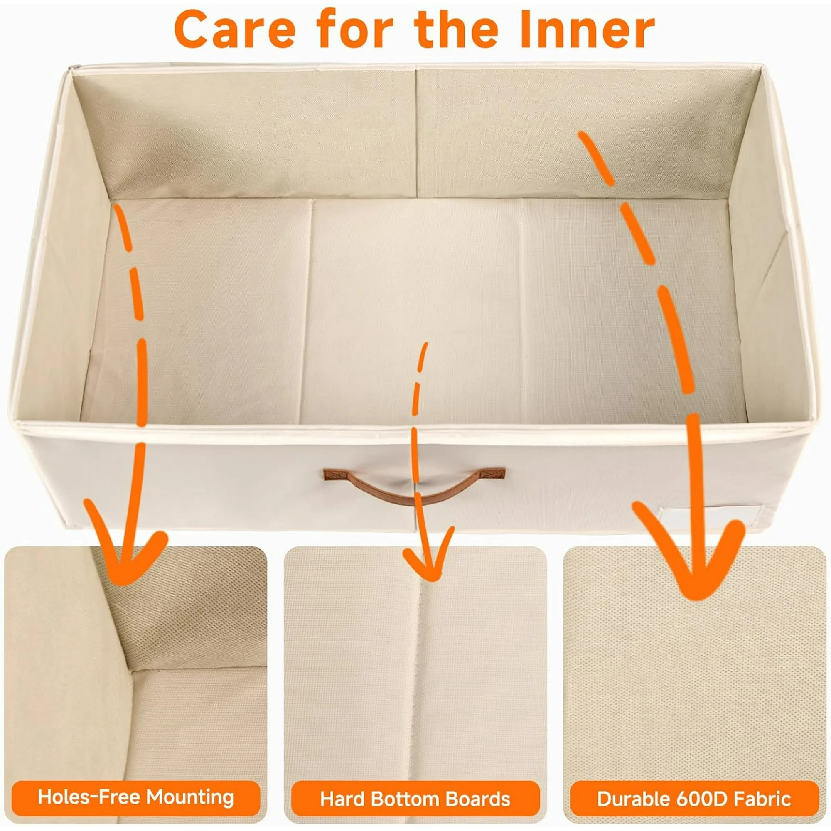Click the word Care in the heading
(x=235, y=29)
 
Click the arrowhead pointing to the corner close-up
(x=122, y=546)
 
